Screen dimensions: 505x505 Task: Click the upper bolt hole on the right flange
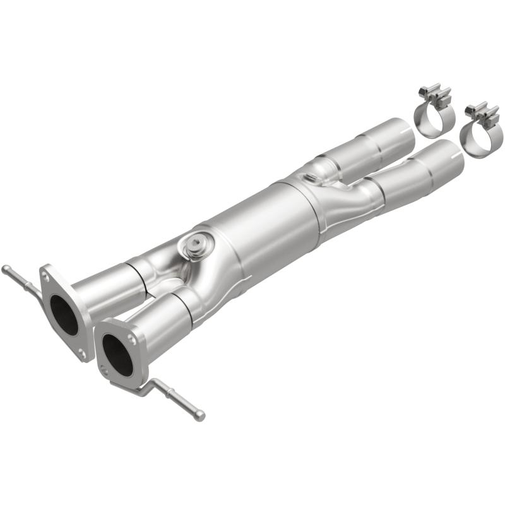(133, 339)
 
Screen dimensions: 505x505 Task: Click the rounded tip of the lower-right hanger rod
(200, 415)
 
